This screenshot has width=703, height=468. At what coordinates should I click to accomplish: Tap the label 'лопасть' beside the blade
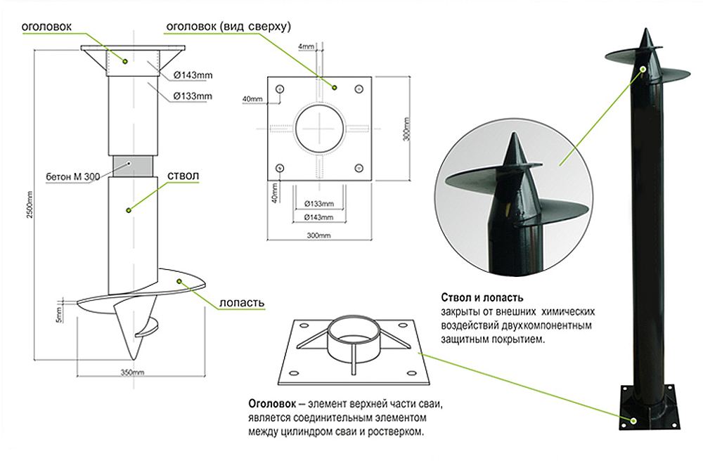tap(243, 303)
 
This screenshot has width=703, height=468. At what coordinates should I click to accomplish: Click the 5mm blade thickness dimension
tap(60, 314)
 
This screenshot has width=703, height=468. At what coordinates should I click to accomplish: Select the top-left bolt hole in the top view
tap(281, 89)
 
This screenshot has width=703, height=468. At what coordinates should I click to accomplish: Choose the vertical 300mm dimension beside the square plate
tap(405, 129)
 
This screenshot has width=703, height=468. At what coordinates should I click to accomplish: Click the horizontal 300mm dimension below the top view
tap(319, 235)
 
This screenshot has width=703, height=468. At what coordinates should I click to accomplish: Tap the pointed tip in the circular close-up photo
tap(510, 150)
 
